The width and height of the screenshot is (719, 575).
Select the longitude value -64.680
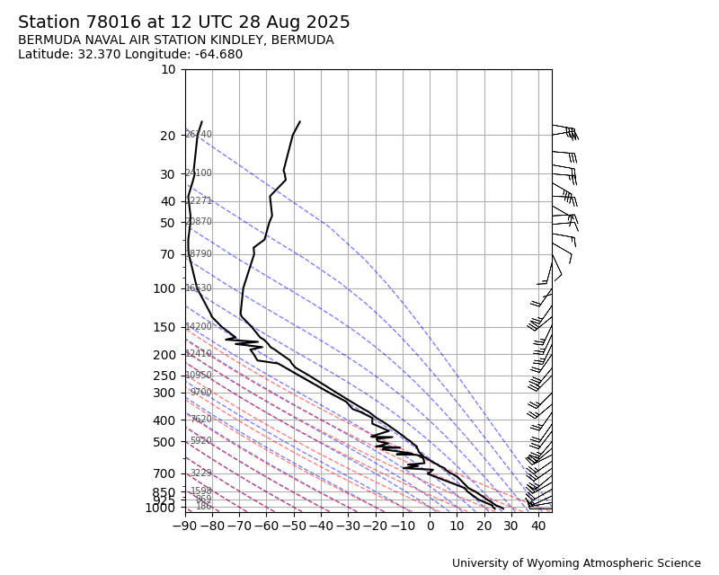pyautogui.click(x=215, y=55)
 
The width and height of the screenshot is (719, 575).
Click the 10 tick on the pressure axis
pyautogui.click(x=168, y=69)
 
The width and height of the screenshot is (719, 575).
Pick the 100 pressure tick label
pyautogui.click(x=164, y=288)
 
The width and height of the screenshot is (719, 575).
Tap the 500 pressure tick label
pyautogui.click(x=164, y=442)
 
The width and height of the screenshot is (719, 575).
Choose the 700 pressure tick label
pyautogui.click(x=164, y=473)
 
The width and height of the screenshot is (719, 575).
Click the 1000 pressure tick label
pyautogui.click(x=160, y=508)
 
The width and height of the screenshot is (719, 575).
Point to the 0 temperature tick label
pyautogui.click(x=430, y=525)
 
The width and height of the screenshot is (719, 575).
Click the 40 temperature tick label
pyautogui.click(x=538, y=525)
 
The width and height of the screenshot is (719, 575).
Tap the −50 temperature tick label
pyautogui.click(x=294, y=525)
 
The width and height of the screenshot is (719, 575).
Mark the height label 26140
pyautogui.click(x=198, y=135)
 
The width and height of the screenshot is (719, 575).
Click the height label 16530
pyautogui.click(x=198, y=288)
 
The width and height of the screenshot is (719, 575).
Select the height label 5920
pyautogui.click(x=200, y=441)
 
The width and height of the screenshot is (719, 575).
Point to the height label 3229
pyautogui.click(x=200, y=473)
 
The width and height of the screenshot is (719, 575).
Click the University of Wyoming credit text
pyautogui.click(x=576, y=563)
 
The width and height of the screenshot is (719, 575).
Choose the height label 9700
pyautogui.click(x=200, y=393)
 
